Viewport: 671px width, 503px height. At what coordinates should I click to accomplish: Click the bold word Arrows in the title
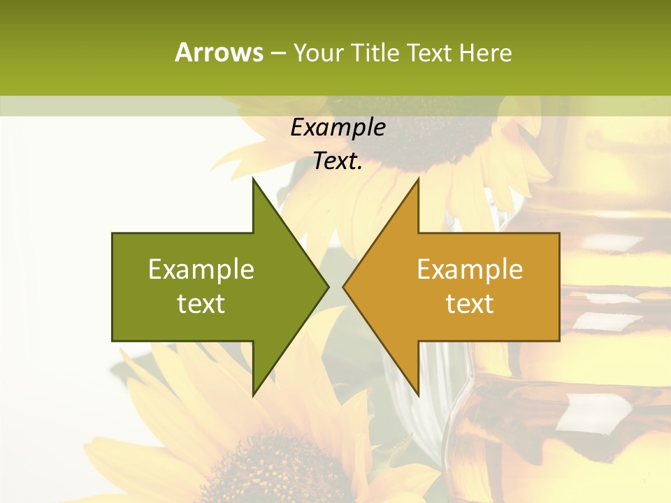point(219,52)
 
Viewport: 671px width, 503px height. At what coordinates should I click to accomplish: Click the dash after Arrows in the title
point(277,53)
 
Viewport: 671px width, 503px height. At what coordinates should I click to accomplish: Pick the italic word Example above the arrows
point(338,128)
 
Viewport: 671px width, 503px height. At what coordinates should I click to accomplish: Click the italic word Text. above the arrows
point(338,161)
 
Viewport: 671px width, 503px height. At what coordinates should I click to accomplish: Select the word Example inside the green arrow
point(201,270)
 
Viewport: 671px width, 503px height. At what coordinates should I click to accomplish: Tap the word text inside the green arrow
point(201,304)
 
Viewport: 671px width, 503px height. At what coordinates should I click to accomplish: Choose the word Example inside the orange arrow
point(470,270)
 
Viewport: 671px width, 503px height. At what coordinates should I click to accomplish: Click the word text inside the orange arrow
point(470,304)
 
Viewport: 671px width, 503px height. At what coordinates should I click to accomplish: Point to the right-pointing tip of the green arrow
point(328,286)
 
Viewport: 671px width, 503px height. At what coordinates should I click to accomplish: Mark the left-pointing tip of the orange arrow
point(343,286)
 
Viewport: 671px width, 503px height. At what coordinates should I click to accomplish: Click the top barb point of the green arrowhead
point(253,179)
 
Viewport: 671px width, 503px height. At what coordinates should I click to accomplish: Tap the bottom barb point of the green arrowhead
point(253,395)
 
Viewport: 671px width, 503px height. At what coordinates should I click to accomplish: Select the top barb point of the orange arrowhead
point(418,179)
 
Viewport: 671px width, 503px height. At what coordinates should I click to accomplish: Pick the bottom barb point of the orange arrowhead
point(418,395)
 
